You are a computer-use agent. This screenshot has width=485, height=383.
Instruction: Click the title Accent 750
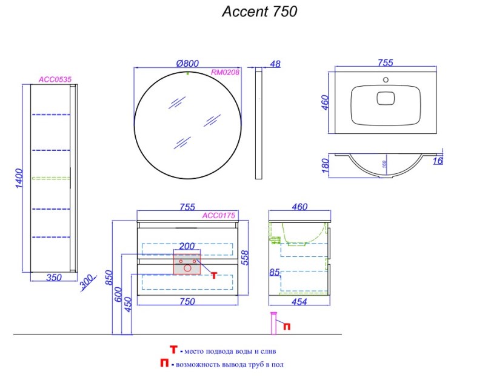tap(259, 12)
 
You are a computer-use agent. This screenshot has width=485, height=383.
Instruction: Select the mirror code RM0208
tap(226, 72)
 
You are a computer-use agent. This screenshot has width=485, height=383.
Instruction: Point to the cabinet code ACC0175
tap(218, 215)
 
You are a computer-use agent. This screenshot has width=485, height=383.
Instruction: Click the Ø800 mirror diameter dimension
tap(187, 62)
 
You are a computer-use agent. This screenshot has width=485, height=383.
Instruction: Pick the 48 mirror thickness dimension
tap(274, 63)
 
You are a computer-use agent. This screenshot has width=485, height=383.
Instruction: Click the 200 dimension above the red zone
tap(187, 247)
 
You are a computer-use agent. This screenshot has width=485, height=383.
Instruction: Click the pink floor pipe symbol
tap(274, 322)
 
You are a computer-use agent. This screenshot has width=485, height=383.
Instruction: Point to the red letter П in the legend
tap(164, 364)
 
